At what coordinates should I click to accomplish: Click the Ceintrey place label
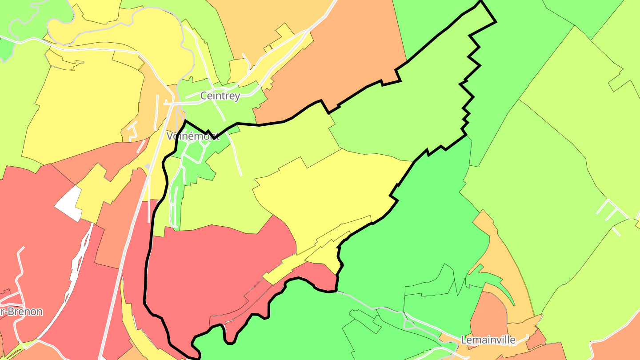[x=220, y=96]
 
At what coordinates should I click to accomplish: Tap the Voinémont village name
[x=192, y=136]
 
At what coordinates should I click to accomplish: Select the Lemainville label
[x=488, y=340]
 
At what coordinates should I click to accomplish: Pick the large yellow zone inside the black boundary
[x=329, y=196]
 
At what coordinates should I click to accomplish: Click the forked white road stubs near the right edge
[x=611, y=213]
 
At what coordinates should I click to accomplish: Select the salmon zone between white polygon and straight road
[x=113, y=231]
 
